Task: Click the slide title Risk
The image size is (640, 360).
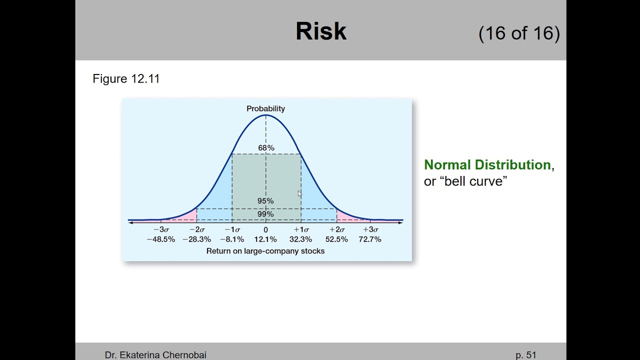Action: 321,31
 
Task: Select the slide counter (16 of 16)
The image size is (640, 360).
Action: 519,33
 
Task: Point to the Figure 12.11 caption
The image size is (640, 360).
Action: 126,78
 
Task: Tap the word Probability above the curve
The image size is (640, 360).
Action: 265,108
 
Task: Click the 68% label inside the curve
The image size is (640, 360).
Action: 266,148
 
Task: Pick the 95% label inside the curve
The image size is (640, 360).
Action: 265,201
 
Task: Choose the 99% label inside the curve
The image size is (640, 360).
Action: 265,214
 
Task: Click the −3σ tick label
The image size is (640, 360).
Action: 161,229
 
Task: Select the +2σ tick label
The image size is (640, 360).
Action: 336,229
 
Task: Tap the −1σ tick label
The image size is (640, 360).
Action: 232,229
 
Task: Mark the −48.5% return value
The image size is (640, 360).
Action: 161,239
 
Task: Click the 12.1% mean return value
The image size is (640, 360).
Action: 265,239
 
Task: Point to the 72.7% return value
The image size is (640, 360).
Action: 370,239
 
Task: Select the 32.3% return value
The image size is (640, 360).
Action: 300,239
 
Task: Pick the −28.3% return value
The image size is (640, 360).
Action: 196,239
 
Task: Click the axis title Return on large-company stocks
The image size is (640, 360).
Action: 265,251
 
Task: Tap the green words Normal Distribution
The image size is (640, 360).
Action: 487,165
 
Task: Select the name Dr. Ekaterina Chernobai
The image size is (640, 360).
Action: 155,355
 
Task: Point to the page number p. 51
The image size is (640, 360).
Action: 526,355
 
